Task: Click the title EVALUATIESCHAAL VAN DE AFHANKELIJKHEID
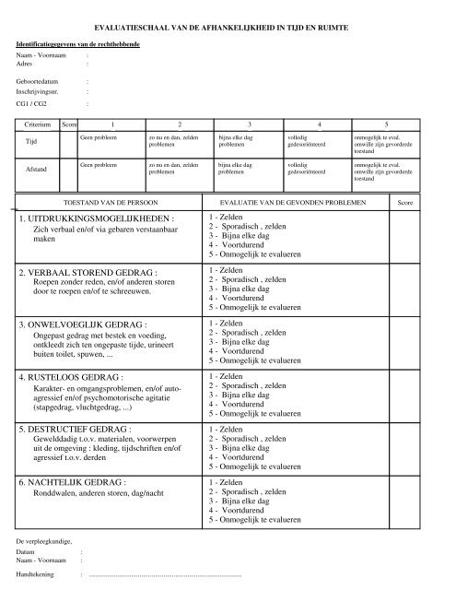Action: point(228,30)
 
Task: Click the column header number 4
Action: point(318,123)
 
